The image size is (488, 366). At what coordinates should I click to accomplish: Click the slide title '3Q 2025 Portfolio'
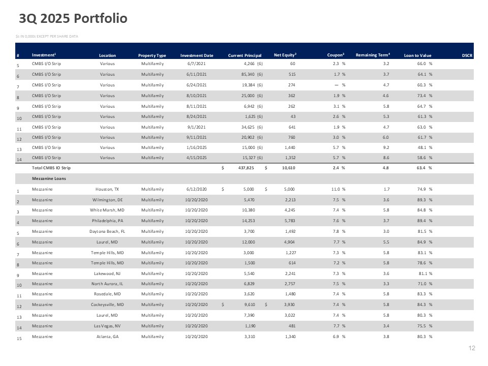point(73,18)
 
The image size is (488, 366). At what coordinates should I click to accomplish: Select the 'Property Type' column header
point(152,55)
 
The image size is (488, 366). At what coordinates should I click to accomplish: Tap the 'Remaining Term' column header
point(373,55)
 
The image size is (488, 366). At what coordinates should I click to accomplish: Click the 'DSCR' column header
point(467,55)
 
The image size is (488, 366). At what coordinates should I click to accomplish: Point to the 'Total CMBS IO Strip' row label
point(51,168)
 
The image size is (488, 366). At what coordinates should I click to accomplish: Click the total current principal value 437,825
point(246,168)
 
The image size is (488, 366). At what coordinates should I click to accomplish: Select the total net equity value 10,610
point(289,168)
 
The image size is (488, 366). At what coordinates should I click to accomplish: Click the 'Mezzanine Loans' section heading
point(49,178)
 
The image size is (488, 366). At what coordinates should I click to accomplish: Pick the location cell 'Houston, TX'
point(107,189)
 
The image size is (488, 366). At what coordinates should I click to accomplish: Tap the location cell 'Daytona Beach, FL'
point(107,232)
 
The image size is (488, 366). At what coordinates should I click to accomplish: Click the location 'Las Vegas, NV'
point(107,326)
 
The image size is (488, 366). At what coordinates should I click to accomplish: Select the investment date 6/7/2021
point(196,64)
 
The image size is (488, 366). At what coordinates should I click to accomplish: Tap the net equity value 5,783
point(290,221)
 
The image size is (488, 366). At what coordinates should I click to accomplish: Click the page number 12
point(472,348)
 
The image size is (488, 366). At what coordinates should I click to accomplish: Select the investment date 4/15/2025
point(196,158)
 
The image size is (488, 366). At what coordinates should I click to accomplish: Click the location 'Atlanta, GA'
point(107,337)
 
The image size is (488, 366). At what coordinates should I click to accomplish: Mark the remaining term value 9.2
point(386,147)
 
